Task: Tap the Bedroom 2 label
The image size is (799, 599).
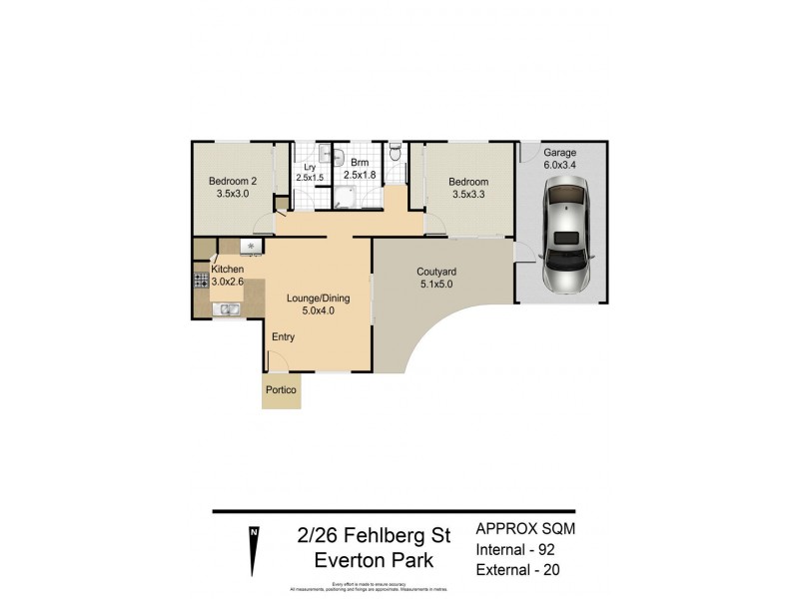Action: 233,181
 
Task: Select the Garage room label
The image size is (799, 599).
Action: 559,153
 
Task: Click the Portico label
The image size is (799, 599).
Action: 281,391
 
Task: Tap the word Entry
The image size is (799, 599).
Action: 284,336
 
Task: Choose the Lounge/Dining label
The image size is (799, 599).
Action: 317,297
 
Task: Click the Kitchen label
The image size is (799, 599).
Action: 227,269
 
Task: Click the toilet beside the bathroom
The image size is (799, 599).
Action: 398,153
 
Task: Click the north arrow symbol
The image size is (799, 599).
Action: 254,547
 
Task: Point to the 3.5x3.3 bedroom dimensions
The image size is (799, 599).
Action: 467,196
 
